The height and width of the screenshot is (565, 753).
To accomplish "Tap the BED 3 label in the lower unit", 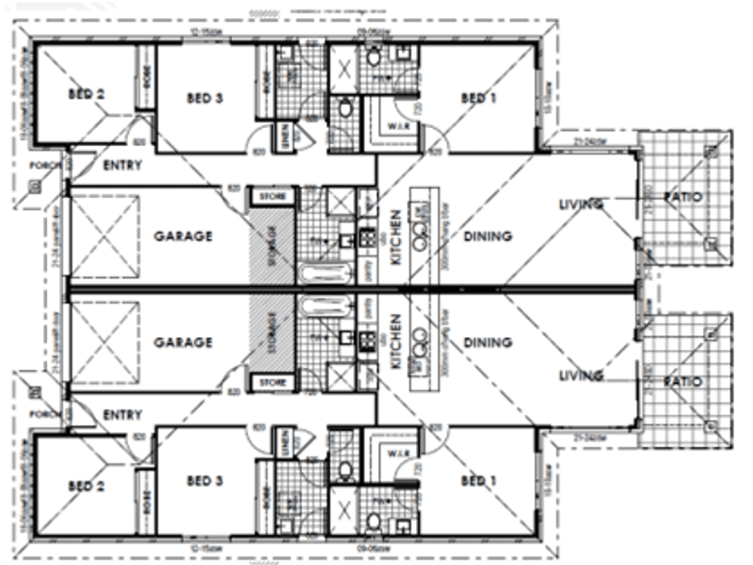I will coord(203,481).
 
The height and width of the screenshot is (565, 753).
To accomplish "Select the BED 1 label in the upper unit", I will coord(478,97).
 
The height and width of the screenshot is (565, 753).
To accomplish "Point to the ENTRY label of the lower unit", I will coord(122,414).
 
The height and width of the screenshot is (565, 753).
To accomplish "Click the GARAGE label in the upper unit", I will coord(183,236).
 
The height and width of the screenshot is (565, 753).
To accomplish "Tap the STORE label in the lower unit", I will coord(272,383).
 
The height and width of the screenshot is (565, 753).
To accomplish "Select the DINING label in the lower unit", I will coord(488,343).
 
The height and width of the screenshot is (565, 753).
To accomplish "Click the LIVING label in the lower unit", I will coord(580,376).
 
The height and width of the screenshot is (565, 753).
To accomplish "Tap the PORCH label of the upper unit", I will coord(44,166).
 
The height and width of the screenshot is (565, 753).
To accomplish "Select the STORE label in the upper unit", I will coord(272,197).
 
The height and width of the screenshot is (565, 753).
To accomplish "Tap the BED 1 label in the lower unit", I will coord(478,481).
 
